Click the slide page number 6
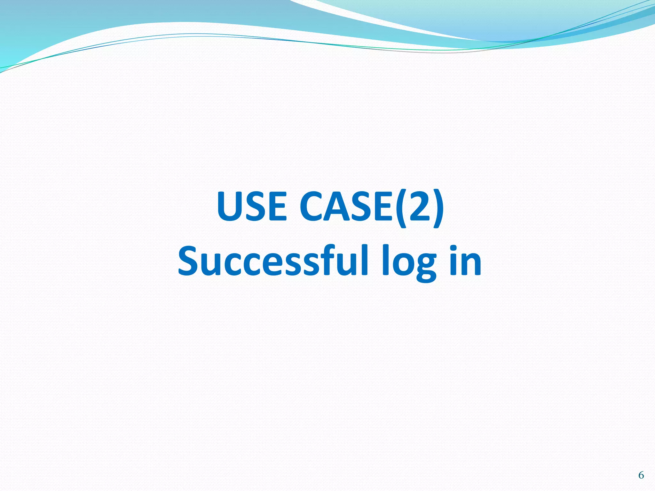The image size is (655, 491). (641, 475)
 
